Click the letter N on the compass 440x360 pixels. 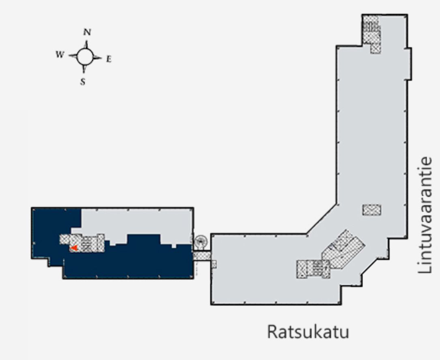point(86,32)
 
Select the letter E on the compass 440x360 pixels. point(109,59)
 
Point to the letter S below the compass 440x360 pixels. point(83,81)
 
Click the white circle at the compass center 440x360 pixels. point(85,56)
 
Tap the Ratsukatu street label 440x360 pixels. point(308,331)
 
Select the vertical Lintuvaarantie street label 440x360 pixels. point(428,215)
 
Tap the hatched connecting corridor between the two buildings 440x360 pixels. point(202,256)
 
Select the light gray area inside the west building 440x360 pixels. point(134,221)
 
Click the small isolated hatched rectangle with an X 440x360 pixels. point(371,210)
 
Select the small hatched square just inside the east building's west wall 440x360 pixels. point(214,264)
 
